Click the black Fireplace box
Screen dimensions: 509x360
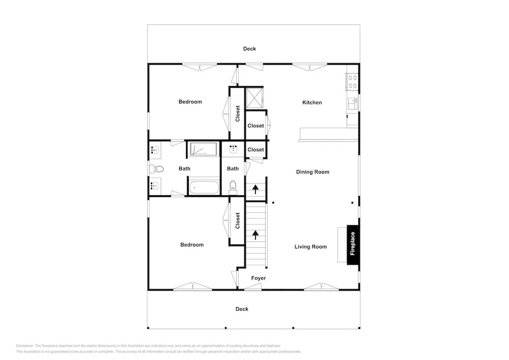(353, 244)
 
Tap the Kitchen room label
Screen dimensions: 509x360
(312, 102)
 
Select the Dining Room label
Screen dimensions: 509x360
(313, 172)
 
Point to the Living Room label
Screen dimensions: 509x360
(310, 247)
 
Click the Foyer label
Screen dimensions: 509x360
(259, 278)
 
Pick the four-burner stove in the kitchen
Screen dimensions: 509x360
(352, 81)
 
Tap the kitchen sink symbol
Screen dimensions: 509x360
(353, 103)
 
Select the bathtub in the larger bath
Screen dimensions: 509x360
(204, 187)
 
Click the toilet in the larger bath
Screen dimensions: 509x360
(156, 169)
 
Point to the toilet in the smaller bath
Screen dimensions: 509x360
(233, 187)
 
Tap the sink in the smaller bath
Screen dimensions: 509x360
(233, 149)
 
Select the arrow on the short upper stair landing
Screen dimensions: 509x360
(256, 189)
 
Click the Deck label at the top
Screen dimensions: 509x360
(249, 49)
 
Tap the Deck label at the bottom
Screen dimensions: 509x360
(242, 309)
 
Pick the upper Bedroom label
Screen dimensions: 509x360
(190, 102)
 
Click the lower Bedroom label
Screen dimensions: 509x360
(192, 245)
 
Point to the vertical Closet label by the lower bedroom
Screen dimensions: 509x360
(237, 221)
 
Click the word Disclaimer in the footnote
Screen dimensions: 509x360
(24, 346)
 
